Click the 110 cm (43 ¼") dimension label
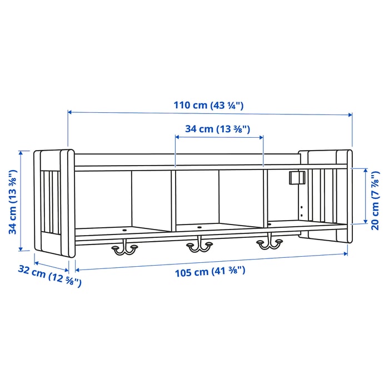click(209, 105)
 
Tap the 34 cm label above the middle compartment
click(217, 129)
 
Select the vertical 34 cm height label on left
click(12, 201)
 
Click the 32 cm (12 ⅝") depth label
click(49, 276)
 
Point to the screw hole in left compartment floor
click(124, 228)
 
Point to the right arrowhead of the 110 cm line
click(350, 115)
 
